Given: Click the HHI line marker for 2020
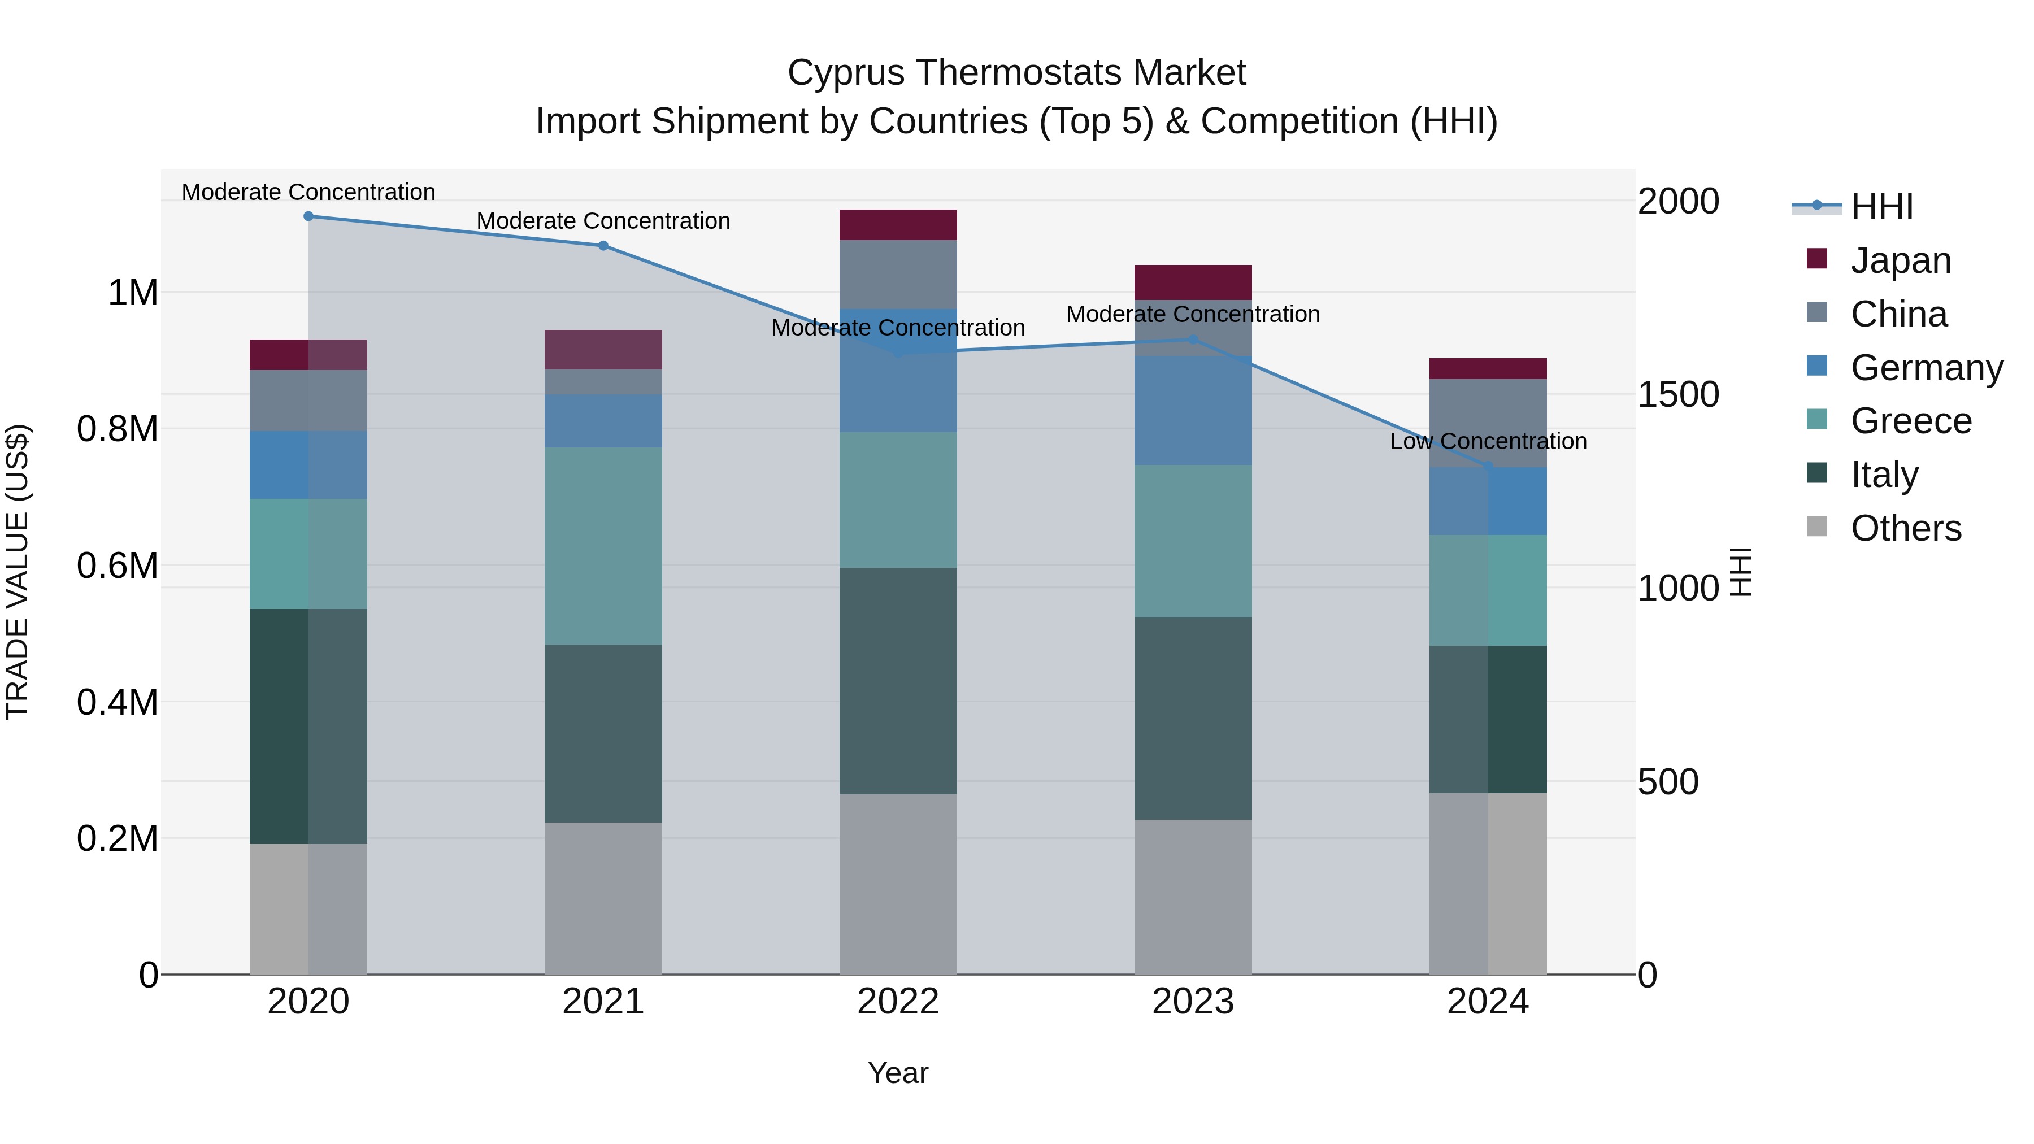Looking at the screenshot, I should [308, 216].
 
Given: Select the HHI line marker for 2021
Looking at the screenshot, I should [603, 246].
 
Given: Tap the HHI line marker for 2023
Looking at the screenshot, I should [1193, 340].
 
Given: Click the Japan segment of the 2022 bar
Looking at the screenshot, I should [898, 225].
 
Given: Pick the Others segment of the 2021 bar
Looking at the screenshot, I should [603, 898].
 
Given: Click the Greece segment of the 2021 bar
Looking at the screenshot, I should [603, 546].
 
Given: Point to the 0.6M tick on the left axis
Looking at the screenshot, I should [118, 566].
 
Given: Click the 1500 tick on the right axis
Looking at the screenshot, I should [1678, 394].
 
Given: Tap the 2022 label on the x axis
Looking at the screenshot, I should [898, 1001].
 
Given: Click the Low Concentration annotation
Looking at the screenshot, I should [1488, 441].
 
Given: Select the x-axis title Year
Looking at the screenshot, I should [898, 1073].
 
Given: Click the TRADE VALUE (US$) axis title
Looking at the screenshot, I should [18, 572].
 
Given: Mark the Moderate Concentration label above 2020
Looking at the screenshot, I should [308, 192].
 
